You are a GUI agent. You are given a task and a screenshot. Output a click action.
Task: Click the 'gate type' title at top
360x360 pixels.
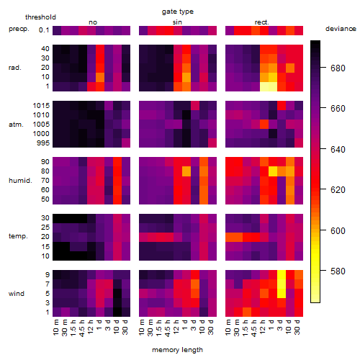(x=178, y=12)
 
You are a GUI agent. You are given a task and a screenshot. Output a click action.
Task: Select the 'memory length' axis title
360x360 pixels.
(x=177, y=350)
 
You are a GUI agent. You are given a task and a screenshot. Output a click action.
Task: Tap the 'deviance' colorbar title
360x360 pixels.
(x=341, y=29)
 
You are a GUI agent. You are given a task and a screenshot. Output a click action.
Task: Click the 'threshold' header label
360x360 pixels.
(x=40, y=17)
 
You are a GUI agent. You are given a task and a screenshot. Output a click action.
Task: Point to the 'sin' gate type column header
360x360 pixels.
(x=177, y=22)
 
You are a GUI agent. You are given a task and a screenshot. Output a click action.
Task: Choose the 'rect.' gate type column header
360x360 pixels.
(x=261, y=22)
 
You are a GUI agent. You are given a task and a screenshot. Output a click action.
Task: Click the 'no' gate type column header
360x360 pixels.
(x=93, y=22)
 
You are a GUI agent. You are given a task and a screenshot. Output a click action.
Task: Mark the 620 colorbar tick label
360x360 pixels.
(x=338, y=190)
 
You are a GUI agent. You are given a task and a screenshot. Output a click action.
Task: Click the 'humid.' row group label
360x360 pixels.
(x=20, y=181)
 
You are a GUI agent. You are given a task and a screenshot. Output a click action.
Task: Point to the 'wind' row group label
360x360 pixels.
(x=17, y=294)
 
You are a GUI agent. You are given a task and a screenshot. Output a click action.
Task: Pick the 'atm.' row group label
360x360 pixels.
(x=16, y=125)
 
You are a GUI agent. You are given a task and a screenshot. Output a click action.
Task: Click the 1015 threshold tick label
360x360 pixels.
(x=41, y=106)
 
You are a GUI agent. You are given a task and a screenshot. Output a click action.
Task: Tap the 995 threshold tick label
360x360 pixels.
(x=43, y=143)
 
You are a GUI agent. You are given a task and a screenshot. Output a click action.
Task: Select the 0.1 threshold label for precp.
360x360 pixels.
(x=44, y=30)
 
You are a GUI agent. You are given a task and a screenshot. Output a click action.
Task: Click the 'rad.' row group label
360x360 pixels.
(x=15, y=68)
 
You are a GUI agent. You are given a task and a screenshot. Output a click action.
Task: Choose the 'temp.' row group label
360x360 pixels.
(x=18, y=236)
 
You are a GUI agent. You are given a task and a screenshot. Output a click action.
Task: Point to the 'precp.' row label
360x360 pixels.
(x=19, y=29)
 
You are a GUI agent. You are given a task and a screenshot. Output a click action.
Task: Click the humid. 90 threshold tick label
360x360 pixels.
(x=45, y=162)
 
